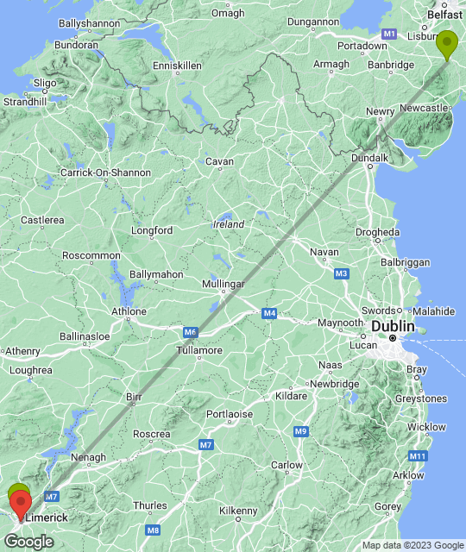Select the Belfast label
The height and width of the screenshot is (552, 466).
pyautogui.click(x=445, y=15)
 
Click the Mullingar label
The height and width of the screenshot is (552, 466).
pyautogui.click(x=223, y=284)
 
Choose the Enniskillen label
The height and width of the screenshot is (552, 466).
pyautogui.click(x=176, y=66)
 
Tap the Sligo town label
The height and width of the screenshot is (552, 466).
pyautogui.click(x=44, y=84)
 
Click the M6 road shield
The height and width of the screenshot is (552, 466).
pyautogui.click(x=191, y=331)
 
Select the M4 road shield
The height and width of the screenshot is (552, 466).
pyautogui.click(x=270, y=313)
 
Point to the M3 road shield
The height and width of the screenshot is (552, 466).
pyautogui.click(x=341, y=273)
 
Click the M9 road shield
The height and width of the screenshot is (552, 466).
pyautogui.click(x=300, y=431)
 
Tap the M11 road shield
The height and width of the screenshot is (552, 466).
pyautogui.click(x=418, y=455)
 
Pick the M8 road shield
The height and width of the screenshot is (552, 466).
pyautogui.click(x=152, y=530)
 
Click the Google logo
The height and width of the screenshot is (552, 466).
pyautogui.click(x=28, y=542)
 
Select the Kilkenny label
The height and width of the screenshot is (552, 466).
pyautogui.click(x=238, y=511)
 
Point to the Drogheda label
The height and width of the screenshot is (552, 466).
pyautogui.click(x=378, y=232)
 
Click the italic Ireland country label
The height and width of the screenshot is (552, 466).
pyautogui.click(x=229, y=224)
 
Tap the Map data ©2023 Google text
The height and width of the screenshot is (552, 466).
pyautogui.click(x=412, y=545)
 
